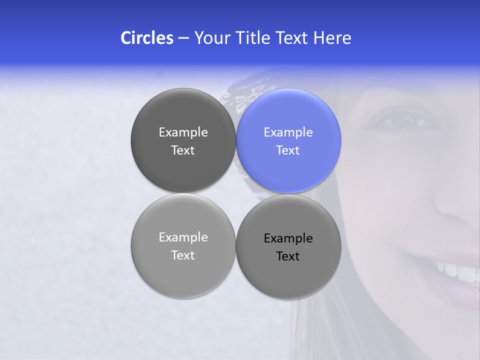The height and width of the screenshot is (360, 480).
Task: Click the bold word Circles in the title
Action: (x=146, y=38)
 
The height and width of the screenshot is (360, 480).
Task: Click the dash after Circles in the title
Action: (x=183, y=38)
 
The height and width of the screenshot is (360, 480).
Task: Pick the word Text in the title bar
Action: (x=291, y=38)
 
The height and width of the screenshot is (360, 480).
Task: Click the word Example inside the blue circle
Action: (x=288, y=132)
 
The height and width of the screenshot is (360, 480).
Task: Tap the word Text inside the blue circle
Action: (x=288, y=150)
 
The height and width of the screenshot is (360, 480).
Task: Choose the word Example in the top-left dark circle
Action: (x=183, y=132)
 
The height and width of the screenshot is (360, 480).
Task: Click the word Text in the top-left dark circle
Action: (x=183, y=150)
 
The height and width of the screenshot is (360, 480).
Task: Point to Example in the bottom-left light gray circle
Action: (x=183, y=237)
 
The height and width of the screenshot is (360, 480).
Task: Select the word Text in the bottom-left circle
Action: (x=183, y=255)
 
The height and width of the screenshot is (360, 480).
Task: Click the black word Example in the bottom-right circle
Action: (x=288, y=238)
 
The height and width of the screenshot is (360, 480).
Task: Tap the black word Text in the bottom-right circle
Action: (x=288, y=256)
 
